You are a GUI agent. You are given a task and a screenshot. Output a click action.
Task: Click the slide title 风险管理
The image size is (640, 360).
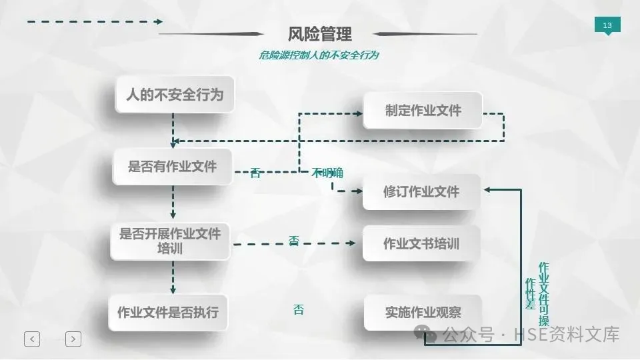tap(319, 33)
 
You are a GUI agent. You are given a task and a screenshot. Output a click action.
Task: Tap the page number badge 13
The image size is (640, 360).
tap(607, 26)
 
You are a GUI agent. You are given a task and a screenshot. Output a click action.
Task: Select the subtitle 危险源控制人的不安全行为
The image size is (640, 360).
tap(319, 55)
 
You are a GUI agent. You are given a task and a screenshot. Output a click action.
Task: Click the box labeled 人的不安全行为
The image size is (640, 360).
tap(175, 95)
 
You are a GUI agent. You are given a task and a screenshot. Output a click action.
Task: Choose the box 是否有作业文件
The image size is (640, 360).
tap(173, 166)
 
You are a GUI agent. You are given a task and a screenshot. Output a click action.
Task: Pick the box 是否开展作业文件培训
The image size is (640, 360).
tap(170, 241)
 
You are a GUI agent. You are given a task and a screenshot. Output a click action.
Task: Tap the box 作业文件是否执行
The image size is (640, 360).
tap(168, 312)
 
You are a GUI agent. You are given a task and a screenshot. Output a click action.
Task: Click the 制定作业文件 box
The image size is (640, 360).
tap(423, 111)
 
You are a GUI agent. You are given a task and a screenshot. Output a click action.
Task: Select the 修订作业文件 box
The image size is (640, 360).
tap(421, 192)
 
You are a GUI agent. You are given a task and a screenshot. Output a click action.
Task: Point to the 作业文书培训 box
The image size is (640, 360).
tap(421, 244)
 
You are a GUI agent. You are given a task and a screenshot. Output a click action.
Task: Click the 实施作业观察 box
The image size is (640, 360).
tap(423, 312)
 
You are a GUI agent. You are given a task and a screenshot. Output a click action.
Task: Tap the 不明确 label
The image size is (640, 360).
tap(327, 173)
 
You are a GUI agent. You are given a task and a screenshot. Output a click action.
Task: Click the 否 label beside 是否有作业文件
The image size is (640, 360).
tap(255, 173)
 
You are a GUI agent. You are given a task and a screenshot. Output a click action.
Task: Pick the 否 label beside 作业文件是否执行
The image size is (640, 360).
tap(298, 309)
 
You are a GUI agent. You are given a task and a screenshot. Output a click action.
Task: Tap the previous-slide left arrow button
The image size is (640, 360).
tap(32, 339)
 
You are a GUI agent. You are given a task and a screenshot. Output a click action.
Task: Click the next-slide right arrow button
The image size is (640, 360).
tap(73, 339)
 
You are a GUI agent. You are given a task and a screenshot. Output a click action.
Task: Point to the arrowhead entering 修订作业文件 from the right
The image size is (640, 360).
tap(488, 190)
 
